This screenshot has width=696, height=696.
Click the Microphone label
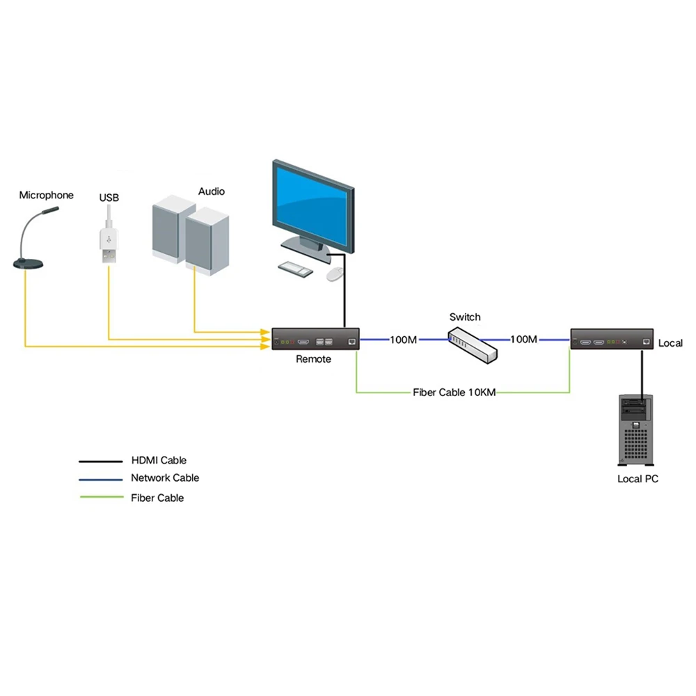pos(46,196)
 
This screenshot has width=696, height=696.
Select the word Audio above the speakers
pos(212,191)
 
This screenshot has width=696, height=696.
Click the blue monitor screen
pos(310,205)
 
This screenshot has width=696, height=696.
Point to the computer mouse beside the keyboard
pos(334,274)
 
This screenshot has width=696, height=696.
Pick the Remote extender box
pos(315,339)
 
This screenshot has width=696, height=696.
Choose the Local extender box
pos(612,339)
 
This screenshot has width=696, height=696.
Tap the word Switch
pos(464,317)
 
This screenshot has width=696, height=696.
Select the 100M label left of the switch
pos(403,340)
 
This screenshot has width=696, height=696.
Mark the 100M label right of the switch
pos(523,340)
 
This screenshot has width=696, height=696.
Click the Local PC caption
pos(638,479)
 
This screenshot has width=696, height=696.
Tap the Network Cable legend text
pos(165,478)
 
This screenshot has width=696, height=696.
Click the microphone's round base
pos(29,263)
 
